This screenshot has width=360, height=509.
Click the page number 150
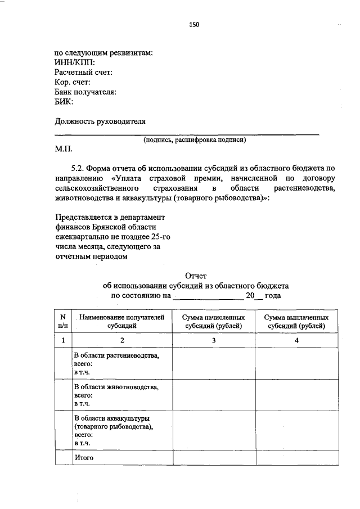point(194,24)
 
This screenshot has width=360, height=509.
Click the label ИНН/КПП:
point(75,62)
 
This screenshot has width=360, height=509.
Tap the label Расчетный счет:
point(84,73)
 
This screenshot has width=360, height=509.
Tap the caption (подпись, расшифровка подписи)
point(195,141)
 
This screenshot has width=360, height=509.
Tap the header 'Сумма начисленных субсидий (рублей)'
point(214,321)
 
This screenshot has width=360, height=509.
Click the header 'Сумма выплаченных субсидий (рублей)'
point(296,321)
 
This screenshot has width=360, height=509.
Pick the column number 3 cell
point(214,340)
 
